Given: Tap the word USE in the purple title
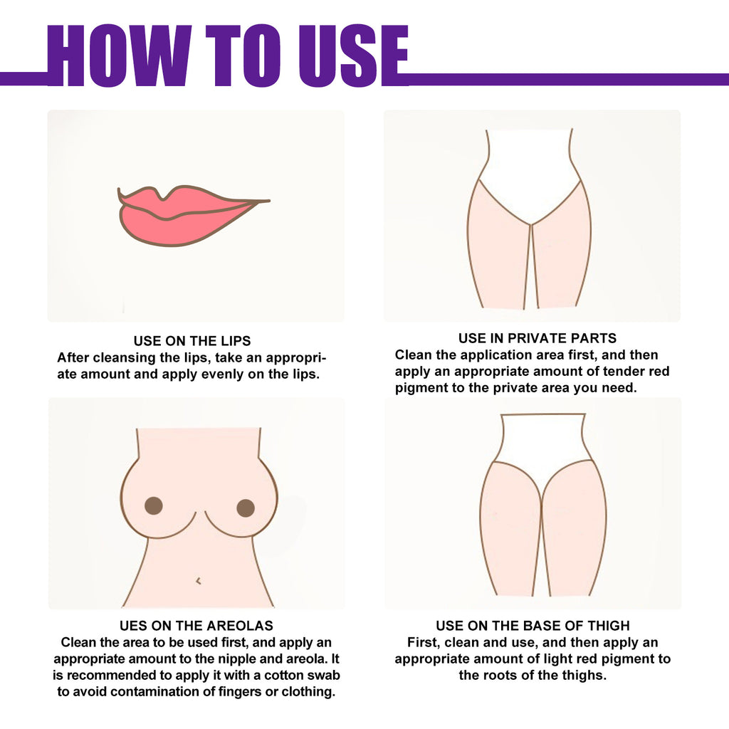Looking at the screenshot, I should [348, 56].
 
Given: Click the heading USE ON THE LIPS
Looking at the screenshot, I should [192, 341].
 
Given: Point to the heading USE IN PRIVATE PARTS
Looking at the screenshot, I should [537, 338].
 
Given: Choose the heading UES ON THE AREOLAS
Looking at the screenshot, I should [196, 626].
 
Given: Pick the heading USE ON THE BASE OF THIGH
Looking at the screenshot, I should [533, 626].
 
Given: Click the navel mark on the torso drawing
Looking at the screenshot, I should [198, 581].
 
